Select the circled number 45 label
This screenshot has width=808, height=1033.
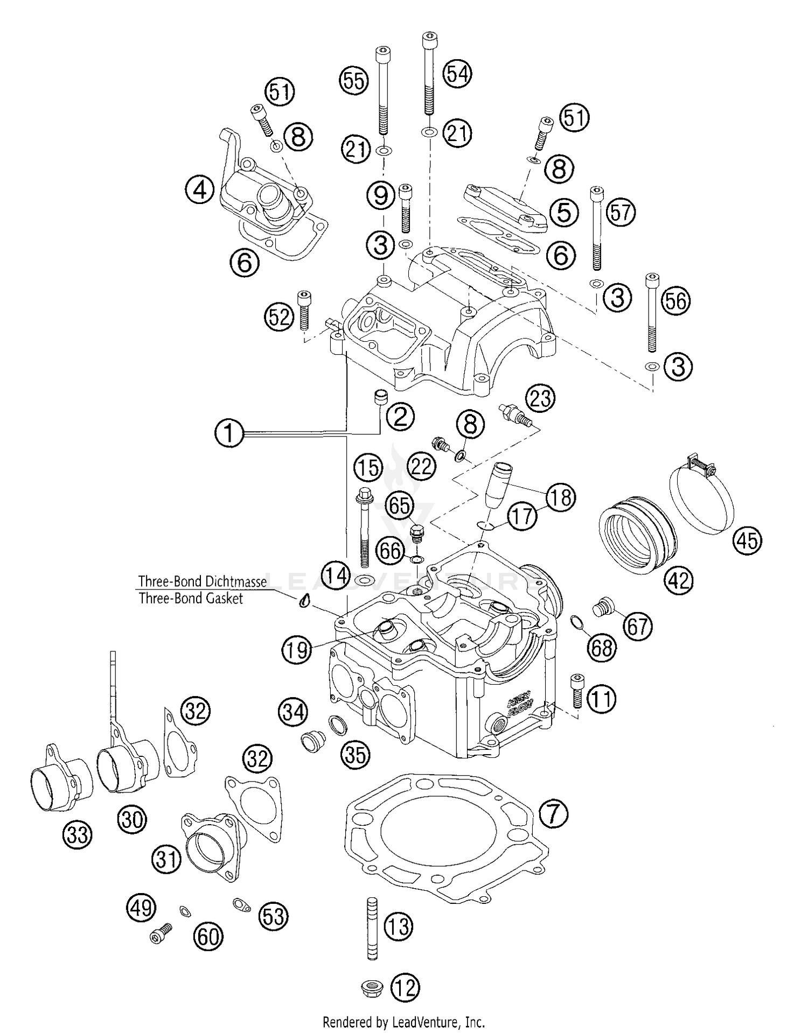748,539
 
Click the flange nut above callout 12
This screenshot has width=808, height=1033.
372,988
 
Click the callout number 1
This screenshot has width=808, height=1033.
229,433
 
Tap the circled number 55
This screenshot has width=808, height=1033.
353,80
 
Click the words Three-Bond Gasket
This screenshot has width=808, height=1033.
191,598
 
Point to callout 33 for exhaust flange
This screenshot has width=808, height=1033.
78,835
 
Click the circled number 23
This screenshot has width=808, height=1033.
540,399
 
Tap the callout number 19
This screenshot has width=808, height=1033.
297,650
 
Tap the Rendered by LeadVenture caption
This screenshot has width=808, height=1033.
403,1021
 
